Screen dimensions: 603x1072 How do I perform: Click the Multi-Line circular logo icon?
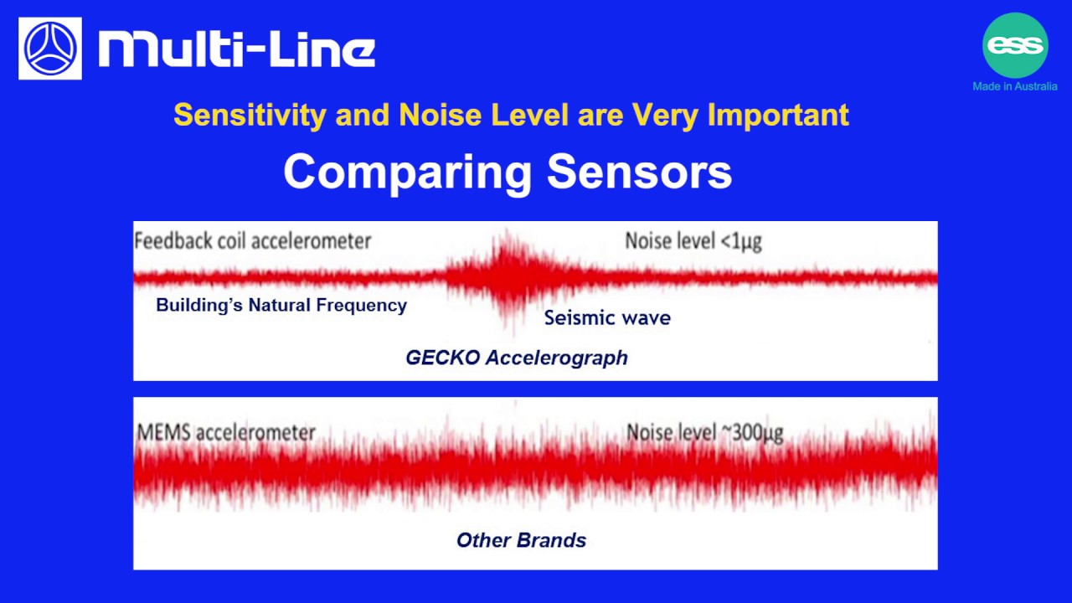click(50, 49)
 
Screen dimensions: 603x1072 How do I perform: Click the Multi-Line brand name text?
click(236, 49)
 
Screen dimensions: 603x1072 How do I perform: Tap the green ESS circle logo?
click(1014, 45)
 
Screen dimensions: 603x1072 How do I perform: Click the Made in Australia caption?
click(1014, 86)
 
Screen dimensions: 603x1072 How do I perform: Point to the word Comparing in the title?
click(408, 173)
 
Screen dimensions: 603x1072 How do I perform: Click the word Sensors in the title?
click(639, 173)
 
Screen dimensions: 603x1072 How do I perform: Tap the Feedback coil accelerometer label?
click(252, 241)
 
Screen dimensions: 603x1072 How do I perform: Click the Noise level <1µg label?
click(693, 241)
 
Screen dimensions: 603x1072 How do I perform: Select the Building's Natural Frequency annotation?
click(281, 305)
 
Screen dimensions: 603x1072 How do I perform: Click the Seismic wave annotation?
click(607, 318)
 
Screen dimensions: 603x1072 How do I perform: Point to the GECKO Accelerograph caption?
click(517, 358)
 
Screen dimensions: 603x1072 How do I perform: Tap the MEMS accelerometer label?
click(226, 433)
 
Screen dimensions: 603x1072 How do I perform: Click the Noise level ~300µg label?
click(704, 433)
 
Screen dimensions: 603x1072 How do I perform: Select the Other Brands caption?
click(521, 540)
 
